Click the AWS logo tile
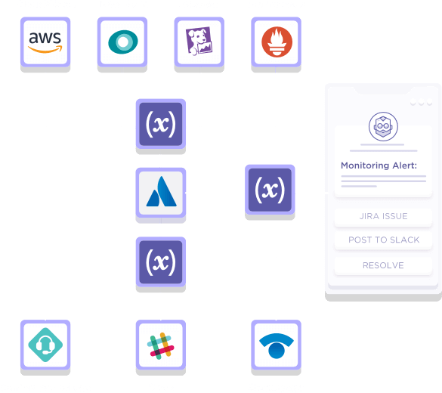coord(45,42)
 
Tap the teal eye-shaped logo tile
coord(122,42)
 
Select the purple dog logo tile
coord(199,42)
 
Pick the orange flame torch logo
coord(277,42)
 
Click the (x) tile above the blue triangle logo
coord(161,124)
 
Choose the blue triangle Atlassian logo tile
coord(161,193)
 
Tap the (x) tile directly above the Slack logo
coord(161,262)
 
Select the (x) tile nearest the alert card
coord(270,190)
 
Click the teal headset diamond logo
coord(45,345)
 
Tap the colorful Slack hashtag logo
coord(161,345)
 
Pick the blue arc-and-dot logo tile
coord(277,345)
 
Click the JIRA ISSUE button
coord(383,216)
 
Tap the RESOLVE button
coord(383,265)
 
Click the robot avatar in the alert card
coord(383,126)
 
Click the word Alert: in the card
coord(401,166)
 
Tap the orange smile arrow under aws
coord(45,50)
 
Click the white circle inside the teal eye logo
coord(123,42)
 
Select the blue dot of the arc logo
coord(277,350)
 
